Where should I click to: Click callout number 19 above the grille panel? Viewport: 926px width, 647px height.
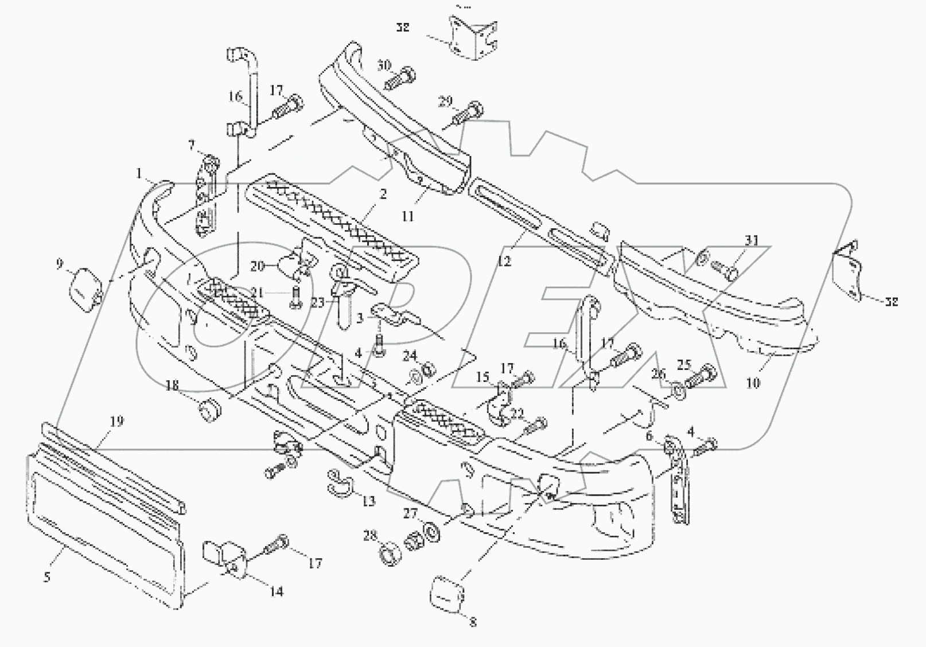coord(117,422)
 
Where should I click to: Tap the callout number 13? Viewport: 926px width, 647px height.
coord(368,501)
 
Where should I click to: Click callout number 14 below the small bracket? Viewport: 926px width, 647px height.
coord(277,591)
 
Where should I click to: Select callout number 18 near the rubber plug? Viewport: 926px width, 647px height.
coord(173,386)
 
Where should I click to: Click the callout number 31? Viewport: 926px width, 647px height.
coord(752,240)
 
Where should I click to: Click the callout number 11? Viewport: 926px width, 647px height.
coord(408,216)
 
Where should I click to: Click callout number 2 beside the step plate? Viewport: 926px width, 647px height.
coord(383,194)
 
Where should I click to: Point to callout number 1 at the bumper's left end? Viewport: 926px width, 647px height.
coord(138,172)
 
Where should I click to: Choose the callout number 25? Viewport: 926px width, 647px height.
coord(684,364)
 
